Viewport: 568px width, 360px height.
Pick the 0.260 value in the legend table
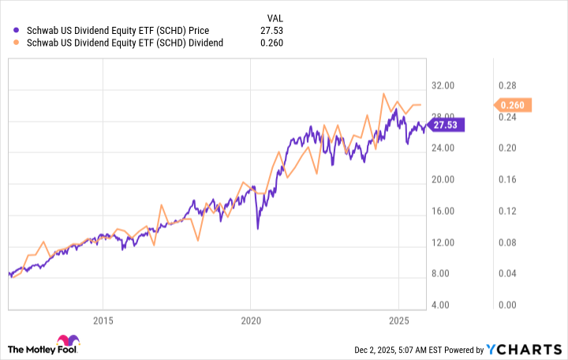pyautogui.click(x=272, y=43)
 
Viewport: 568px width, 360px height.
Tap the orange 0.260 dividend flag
pyautogui.click(x=515, y=105)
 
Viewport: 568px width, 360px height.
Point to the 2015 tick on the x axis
pyautogui.click(x=103, y=321)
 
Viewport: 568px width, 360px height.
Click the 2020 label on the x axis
pyautogui.click(x=250, y=321)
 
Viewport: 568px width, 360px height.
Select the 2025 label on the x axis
pyautogui.click(x=398, y=321)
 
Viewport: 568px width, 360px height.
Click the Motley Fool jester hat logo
pyautogui.click(x=18, y=347)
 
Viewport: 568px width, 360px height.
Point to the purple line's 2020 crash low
pyautogui.click(x=257, y=228)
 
